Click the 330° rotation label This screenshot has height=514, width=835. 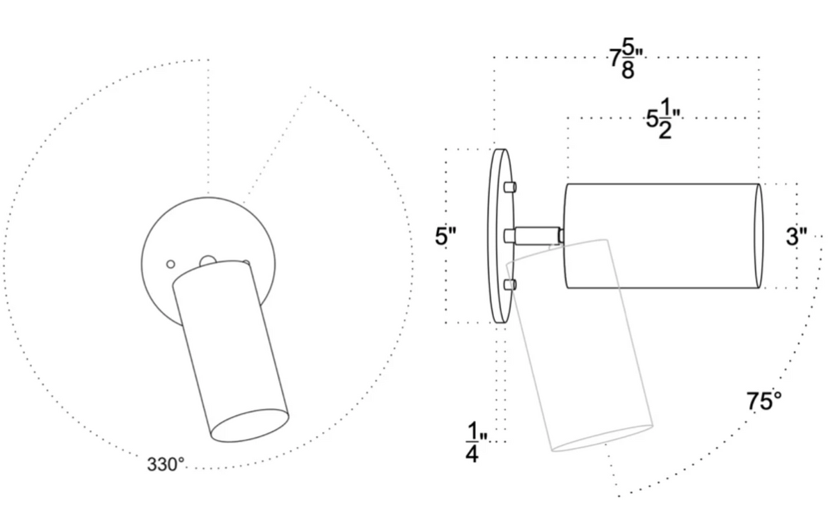[x=166, y=464]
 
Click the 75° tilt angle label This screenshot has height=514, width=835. [x=764, y=401]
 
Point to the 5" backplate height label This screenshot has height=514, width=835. [x=445, y=236]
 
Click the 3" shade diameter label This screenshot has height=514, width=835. [x=796, y=236]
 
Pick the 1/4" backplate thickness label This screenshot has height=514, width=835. [x=472, y=443]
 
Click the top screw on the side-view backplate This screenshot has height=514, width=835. [x=509, y=187]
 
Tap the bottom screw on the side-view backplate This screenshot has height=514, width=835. [x=509, y=284]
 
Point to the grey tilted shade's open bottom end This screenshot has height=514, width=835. [x=602, y=437]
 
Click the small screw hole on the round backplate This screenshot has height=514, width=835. [x=170, y=264]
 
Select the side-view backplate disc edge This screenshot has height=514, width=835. [x=498, y=236]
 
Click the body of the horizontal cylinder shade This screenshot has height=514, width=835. [x=661, y=236]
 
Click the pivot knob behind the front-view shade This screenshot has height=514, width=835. [x=207, y=262]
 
